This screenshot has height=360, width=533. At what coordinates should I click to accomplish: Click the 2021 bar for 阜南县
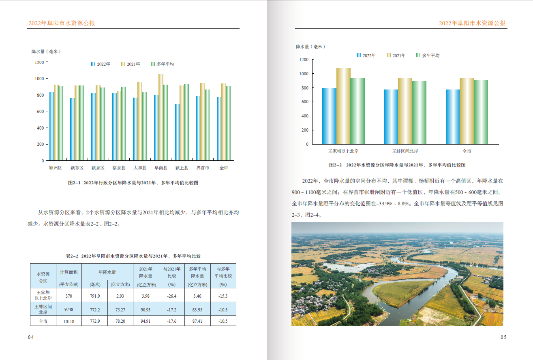click(161, 117)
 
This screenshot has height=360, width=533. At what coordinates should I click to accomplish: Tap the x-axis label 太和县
click(140, 168)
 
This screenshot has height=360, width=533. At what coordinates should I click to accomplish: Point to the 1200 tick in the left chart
click(39, 62)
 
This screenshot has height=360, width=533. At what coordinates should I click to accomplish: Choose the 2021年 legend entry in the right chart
click(396, 55)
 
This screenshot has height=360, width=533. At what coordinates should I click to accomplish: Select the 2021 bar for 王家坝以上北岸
click(343, 106)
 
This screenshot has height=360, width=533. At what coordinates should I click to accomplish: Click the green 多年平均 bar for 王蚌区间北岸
click(419, 112)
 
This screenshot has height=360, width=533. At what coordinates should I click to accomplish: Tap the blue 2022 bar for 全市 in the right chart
click(453, 117)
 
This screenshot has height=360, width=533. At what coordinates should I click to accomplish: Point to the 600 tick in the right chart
click(304, 102)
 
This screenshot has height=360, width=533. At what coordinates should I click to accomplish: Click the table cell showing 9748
click(69, 310)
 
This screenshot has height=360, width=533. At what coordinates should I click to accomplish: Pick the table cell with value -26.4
click(172, 296)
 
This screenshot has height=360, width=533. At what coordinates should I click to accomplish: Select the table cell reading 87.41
click(197, 321)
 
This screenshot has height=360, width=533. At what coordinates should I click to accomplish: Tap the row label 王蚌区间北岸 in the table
click(43, 310)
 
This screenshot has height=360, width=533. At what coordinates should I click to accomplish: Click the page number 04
click(30, 337)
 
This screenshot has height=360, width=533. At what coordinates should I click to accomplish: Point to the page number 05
click(503, 337)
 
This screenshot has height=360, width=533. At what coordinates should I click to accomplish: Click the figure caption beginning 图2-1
click(133, 183)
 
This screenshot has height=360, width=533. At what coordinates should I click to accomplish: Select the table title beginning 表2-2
click(133, 256)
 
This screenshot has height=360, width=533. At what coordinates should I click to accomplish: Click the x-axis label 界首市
click(203, 168)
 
